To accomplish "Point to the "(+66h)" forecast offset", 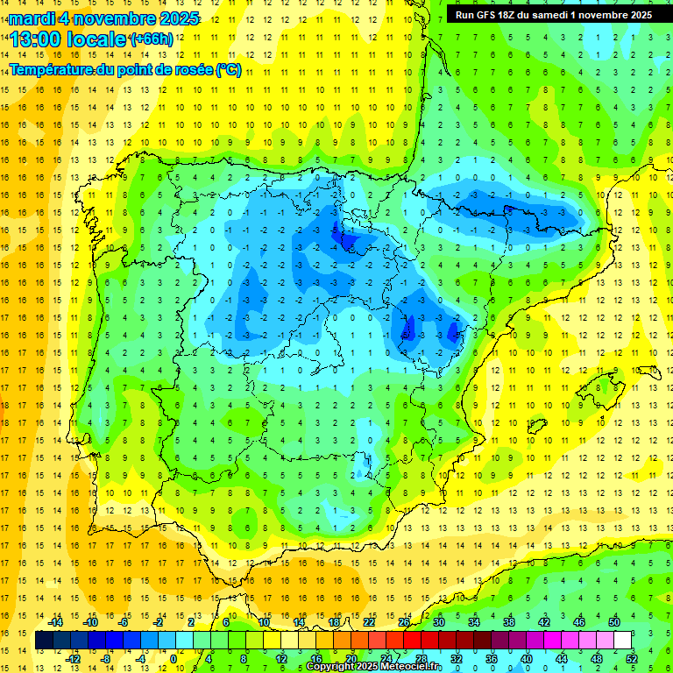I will coord(151,39).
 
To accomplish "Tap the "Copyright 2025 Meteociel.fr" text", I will coord(374,667).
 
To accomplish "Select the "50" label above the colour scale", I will coord(614,622).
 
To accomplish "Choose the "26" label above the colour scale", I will coord(404,622).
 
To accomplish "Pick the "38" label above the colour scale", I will coord(509,622).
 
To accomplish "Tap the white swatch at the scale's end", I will coord(622,641).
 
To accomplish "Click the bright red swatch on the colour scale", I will coord(412,641).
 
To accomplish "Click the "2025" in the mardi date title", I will coord(179,18).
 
